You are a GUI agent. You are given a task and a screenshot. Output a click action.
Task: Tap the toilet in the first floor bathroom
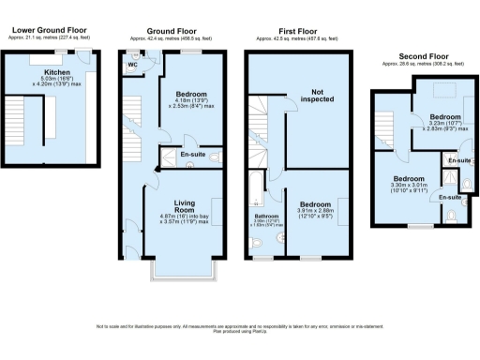pyautogui.click(x=256, y=243)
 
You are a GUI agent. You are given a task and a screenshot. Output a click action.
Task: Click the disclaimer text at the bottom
pyautogui.click(x=240, y=328)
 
